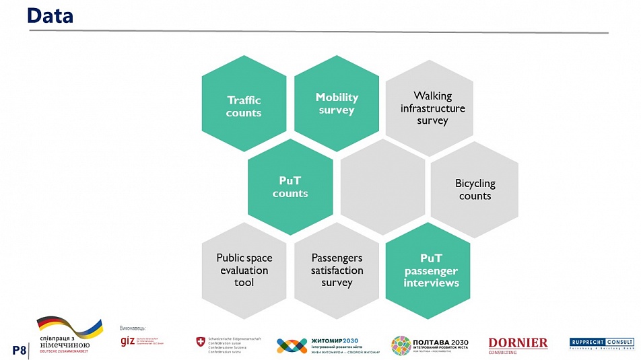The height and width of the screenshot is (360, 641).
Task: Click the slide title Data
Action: pos(50,16)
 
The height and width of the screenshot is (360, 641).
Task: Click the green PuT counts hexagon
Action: pos(290,187)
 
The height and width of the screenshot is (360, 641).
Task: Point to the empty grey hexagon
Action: pos(382,187)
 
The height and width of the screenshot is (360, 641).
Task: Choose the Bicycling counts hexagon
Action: pos(475,189)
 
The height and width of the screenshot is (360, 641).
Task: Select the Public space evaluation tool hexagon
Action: pos(244,271)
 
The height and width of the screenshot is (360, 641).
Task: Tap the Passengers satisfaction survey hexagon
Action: pos(337,271)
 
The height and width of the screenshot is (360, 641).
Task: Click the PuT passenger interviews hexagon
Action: pos(431,271)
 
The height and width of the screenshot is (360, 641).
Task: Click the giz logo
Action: pos(127,341)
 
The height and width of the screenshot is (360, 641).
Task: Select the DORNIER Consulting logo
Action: pos(518,345)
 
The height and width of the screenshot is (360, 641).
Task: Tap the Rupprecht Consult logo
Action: pos(601,343)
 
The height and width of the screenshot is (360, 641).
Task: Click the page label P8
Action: pos(19,349)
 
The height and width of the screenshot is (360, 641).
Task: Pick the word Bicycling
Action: pos(475,183)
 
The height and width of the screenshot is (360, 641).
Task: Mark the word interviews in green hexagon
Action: pos(431,283)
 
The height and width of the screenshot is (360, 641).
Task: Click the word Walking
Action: pos(432,96)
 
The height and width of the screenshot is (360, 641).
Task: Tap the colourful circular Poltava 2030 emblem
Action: pos(401,345)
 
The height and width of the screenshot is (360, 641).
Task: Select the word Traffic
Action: pos(244,100)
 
